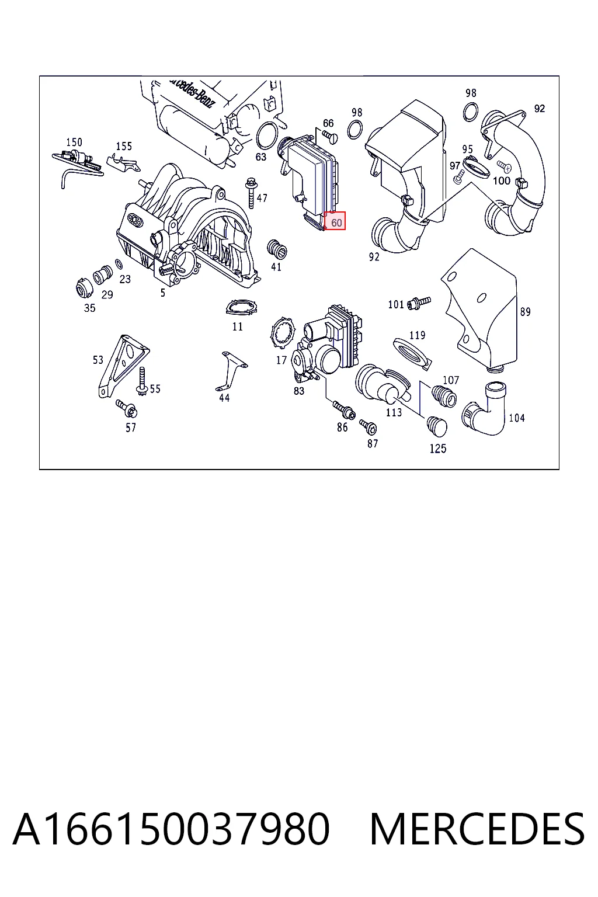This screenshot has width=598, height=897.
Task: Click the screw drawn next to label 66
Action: (x=330, y=137)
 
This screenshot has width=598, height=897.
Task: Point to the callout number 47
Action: (x=262, y=198)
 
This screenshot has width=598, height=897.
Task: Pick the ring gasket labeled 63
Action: (x=267, y=136)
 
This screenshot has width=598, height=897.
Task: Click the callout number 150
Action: (x=74, y=142)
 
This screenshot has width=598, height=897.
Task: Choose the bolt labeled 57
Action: (x=127, y=409)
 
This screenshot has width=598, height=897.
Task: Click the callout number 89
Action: (x=525, y=311)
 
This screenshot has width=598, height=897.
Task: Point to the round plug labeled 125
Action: (x=437, y=426)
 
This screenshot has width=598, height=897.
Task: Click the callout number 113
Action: (x=394, y=412)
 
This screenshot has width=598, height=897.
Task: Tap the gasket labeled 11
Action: (x=242, y=308)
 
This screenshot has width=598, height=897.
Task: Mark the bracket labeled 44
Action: (x=231, y=371)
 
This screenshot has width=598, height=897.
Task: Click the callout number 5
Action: (x=162, y=293)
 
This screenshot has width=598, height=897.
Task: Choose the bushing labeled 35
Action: (x=84, y=288)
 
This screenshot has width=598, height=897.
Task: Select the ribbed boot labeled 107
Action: (x=444, y=395)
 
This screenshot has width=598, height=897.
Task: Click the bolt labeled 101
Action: (x=419, y=303)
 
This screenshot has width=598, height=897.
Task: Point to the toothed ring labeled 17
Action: (x=282, y=335)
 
